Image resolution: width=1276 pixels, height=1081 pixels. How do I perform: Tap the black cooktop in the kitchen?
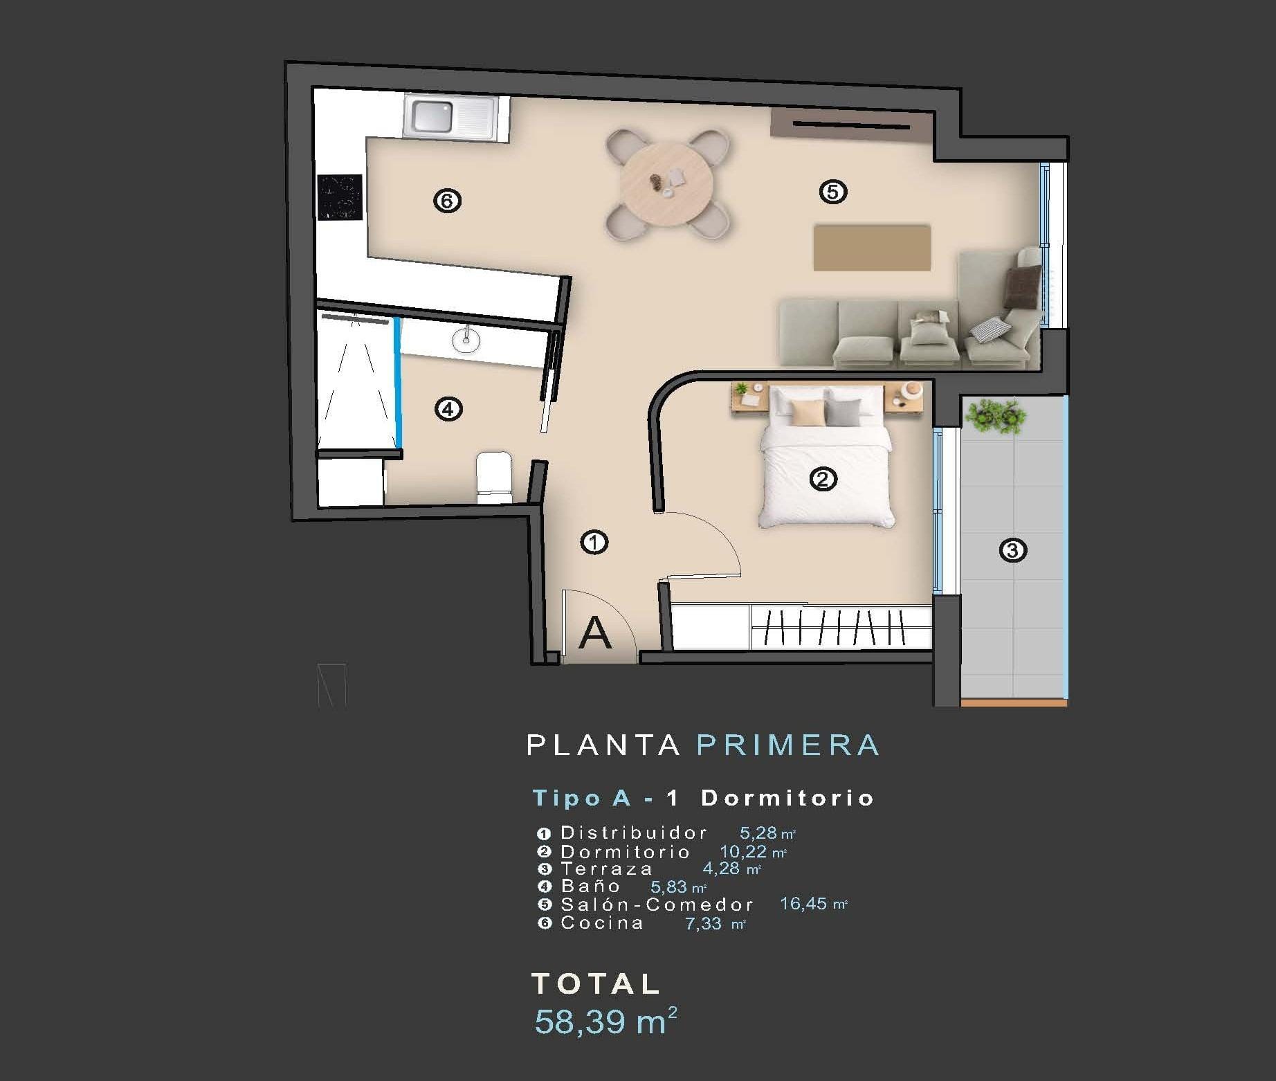point(340,197)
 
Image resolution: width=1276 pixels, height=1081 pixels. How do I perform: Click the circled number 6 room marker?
point(447,201)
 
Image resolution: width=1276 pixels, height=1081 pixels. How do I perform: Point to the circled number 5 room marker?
point(832,191)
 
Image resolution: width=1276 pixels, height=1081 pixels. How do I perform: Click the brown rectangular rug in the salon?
point(871,247)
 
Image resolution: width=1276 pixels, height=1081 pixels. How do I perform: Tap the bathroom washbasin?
point(466,339)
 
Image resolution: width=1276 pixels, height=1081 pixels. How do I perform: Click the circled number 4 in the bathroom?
point(448,409)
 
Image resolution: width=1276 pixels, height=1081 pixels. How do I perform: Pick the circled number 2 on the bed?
point(823,478)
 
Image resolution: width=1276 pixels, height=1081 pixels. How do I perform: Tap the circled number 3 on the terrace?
point(1012,550)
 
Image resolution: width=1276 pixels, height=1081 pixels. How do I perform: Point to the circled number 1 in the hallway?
point(594,542)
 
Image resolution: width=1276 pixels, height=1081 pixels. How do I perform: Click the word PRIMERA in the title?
point(788,745)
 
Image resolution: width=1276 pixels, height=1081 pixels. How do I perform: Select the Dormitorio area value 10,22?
point(744,852)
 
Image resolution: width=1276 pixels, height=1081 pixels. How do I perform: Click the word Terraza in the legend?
point(606,869)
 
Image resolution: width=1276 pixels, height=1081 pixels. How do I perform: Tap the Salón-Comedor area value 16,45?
point(803,904)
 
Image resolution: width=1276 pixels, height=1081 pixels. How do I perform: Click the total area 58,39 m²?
point(605,1021)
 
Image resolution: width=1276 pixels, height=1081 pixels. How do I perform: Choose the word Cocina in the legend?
point(602,923)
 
